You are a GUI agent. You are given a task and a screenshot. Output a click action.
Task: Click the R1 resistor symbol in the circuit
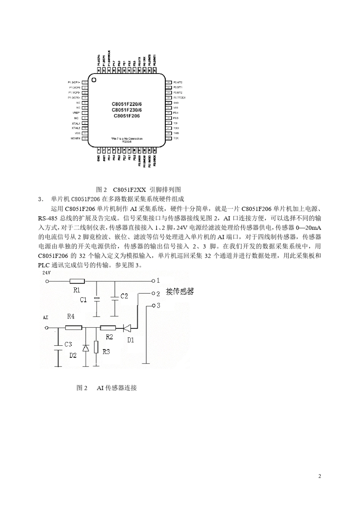click(x=77, y=281)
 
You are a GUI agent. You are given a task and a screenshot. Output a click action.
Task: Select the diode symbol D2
click(x=86, y=348)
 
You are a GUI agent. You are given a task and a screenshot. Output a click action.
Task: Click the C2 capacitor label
click(x=124, y=296)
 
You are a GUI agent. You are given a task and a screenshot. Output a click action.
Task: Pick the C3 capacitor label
click(x=68, y=344)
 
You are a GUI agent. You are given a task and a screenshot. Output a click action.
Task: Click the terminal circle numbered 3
click(x=153, y=305)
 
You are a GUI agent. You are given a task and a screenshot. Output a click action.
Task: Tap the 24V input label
click(x=46, y=272)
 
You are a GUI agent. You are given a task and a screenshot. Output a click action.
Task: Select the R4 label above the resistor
click(x=70, y=317)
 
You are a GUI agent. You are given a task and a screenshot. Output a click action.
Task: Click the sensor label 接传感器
click(x=180, y=292)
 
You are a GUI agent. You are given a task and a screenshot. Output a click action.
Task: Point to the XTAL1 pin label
click(x=76, y=123)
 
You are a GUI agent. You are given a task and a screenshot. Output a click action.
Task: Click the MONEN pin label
click(x=75, y=138)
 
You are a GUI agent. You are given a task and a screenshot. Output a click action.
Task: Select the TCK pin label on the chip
click(x=176, y=138)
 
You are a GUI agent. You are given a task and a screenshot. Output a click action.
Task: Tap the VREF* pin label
click(x=75, y=113)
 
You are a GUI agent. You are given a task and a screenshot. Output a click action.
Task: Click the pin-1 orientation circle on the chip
click(x=94, y=80)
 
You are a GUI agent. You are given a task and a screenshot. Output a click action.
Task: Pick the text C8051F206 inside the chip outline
click(x=127, y=116)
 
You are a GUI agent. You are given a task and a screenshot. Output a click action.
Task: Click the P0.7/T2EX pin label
click(x=179, y=98)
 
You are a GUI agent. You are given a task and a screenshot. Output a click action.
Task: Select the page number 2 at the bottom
click(x=319, y=476)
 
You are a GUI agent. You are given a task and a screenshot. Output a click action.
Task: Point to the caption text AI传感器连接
click(x=117, y=388)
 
